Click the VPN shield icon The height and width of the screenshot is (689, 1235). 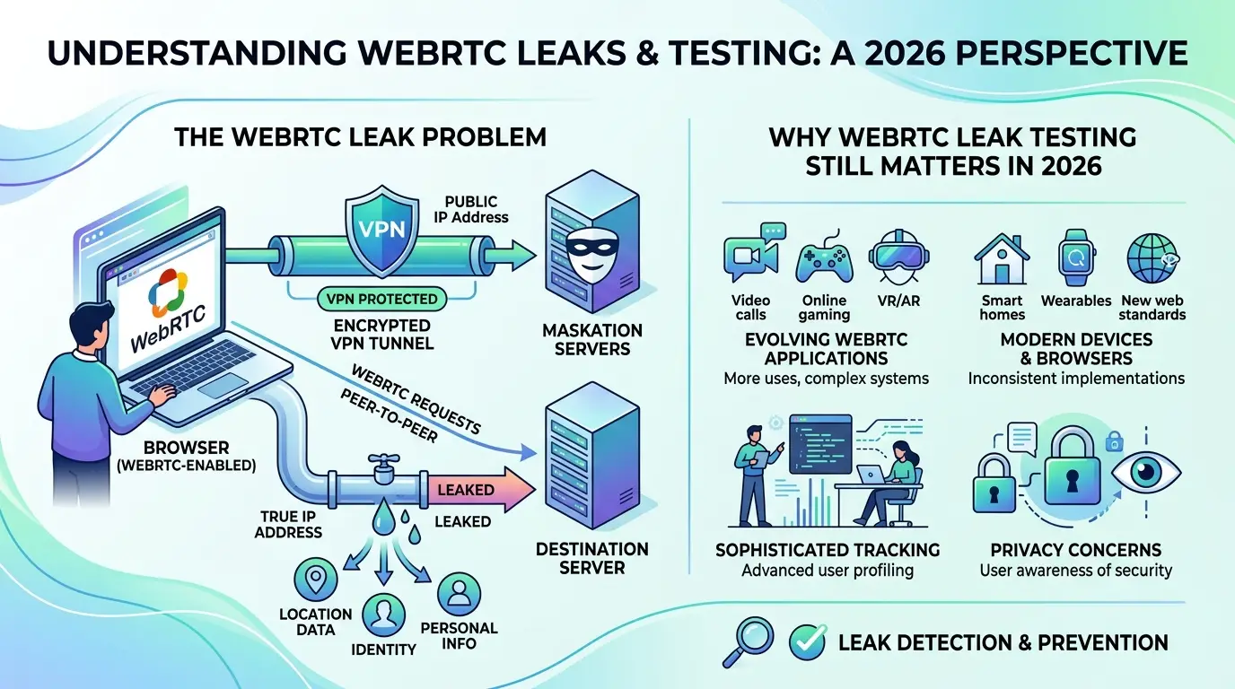pyautogui.click(x=381, y=231)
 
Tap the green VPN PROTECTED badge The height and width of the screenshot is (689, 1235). pyautogui.click(x=381, y=299)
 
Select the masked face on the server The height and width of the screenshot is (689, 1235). pyautogui.click(x=592, y=253)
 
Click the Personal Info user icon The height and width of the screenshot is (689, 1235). pyautogui.click(x=459, y=594)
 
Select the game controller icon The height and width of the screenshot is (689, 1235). pyautogui.click(x=824, y=258)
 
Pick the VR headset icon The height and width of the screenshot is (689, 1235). pyautogui.click(x=898, y=257)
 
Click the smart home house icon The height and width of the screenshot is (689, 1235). pyautogui.click(x=1002, y=258)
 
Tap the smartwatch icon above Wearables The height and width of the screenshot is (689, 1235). pyautogui.click(x=1077, y=257)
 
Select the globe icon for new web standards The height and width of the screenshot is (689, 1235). pyautogui.click(x=1152, y=258)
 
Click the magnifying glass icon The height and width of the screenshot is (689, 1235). pyautogui.click(x=749, y=641)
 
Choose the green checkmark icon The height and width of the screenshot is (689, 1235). pyautogui.click(x=808, y=642)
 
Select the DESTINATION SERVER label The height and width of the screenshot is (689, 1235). pyautogui.click(x=592, y=558)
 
